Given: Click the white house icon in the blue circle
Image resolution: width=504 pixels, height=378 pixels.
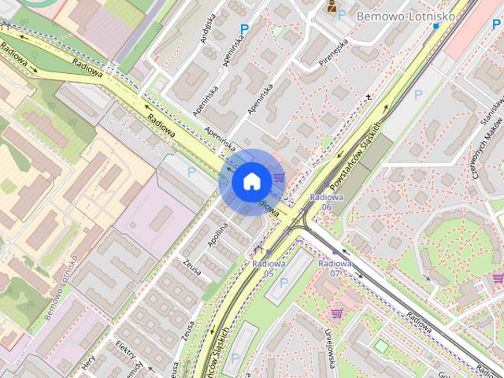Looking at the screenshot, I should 250,181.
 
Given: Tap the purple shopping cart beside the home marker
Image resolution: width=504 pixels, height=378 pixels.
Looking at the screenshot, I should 279,176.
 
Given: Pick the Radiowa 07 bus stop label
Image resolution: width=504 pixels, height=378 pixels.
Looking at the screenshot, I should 335,269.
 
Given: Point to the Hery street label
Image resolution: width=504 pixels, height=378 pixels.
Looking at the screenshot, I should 87,361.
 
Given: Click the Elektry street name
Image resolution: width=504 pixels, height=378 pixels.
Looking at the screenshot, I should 127,350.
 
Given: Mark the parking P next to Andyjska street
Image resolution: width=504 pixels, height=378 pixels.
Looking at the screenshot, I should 244,29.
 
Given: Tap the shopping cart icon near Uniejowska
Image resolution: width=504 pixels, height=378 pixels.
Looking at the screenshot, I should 337,313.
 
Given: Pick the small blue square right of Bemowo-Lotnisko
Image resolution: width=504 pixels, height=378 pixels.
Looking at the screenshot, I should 435,26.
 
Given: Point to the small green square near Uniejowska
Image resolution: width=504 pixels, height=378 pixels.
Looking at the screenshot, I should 381,346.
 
